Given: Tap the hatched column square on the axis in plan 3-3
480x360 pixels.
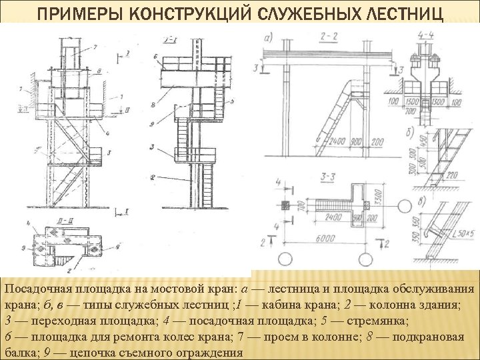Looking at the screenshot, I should (284, 205).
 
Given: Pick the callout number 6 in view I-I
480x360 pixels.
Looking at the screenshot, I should (154, 58).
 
